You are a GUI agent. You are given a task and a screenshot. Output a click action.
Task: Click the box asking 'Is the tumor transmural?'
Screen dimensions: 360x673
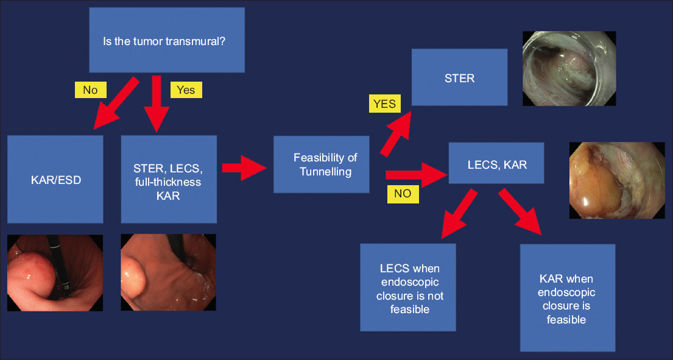(166, 40)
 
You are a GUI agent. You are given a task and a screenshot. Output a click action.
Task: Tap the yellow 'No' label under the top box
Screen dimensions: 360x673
(90, 90)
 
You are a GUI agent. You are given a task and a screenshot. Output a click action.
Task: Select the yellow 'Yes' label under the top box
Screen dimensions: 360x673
(185, 90)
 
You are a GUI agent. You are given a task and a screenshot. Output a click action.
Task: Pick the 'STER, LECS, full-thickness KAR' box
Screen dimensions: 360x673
(169, 178)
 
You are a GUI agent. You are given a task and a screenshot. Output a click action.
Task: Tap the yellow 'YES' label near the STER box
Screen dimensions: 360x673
(384, 104)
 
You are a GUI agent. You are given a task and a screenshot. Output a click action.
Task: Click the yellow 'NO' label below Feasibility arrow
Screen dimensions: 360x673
(402, 194)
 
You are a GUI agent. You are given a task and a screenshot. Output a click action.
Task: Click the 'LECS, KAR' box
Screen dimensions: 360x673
(496, 163)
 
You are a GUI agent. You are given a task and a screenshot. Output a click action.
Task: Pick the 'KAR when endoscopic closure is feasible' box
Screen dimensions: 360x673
(567, 298)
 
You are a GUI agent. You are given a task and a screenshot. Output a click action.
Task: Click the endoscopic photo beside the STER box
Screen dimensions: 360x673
(569, 69)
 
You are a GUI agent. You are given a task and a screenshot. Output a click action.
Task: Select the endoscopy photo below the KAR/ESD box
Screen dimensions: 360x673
(55, 272)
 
